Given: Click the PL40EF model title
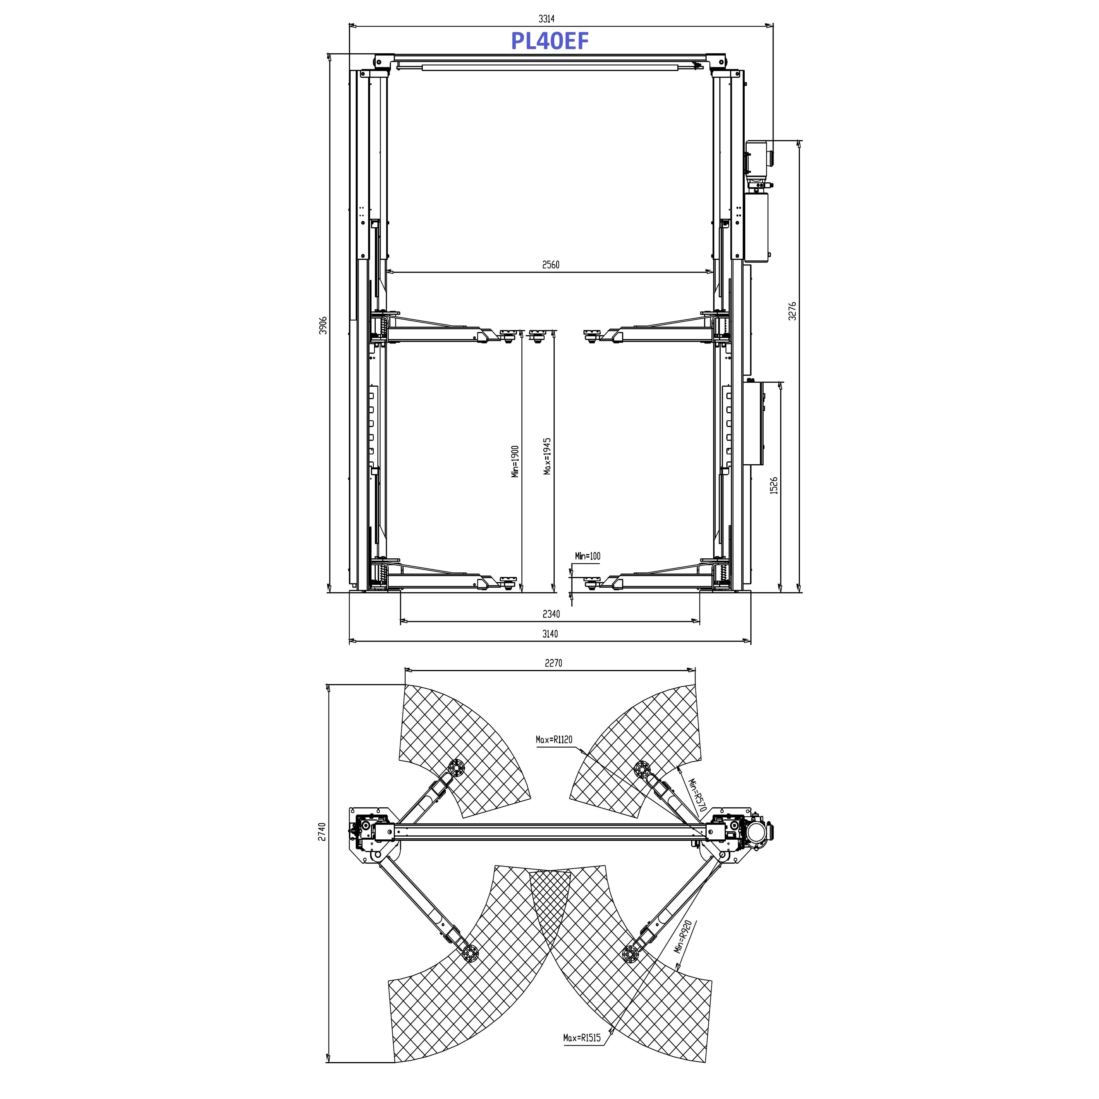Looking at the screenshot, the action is coord(549,41).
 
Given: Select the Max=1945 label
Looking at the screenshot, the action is coord(547,456).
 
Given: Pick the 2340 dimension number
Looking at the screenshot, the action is coord(551,614).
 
